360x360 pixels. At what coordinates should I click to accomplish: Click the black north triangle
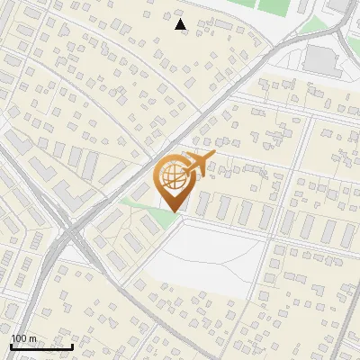coord(181,24)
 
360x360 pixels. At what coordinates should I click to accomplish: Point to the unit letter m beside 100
coord(32,338)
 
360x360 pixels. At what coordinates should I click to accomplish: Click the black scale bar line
coord(41,346)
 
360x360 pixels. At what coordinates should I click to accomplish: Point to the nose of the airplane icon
coord(214,155)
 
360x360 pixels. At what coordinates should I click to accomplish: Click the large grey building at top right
coord(320,59)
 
